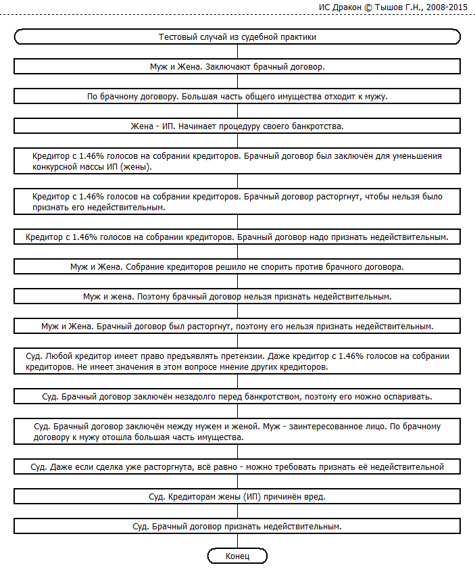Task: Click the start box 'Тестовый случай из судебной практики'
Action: [x=237, y=37]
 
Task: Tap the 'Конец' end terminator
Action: [x=237, y=556]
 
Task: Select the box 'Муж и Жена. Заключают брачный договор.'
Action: [x=237, y=67]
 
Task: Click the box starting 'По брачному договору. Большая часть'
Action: [x=237, y=97]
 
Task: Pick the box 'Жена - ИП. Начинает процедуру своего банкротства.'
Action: [x=237, y=126]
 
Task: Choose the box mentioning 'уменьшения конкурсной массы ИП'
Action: [x=237, y=161]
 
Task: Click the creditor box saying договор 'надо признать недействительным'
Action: [x=237, y=237]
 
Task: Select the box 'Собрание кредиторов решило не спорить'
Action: [x=237, y=267]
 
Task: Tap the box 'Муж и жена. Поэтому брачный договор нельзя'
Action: [x=237, y=297]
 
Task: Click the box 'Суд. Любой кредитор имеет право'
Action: [x=237, y=361]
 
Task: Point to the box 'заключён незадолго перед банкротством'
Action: [x=237, y=395]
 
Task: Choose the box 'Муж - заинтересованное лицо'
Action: [x=237, y=431]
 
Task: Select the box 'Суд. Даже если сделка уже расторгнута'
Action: [x=237, y=466]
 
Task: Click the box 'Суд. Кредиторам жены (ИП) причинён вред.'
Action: [x=237, y=496]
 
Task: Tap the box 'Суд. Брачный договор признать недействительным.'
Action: [x=237, y=526]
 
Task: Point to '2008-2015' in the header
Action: [x=449, y=7]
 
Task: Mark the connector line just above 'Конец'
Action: [x=237, y=541]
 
